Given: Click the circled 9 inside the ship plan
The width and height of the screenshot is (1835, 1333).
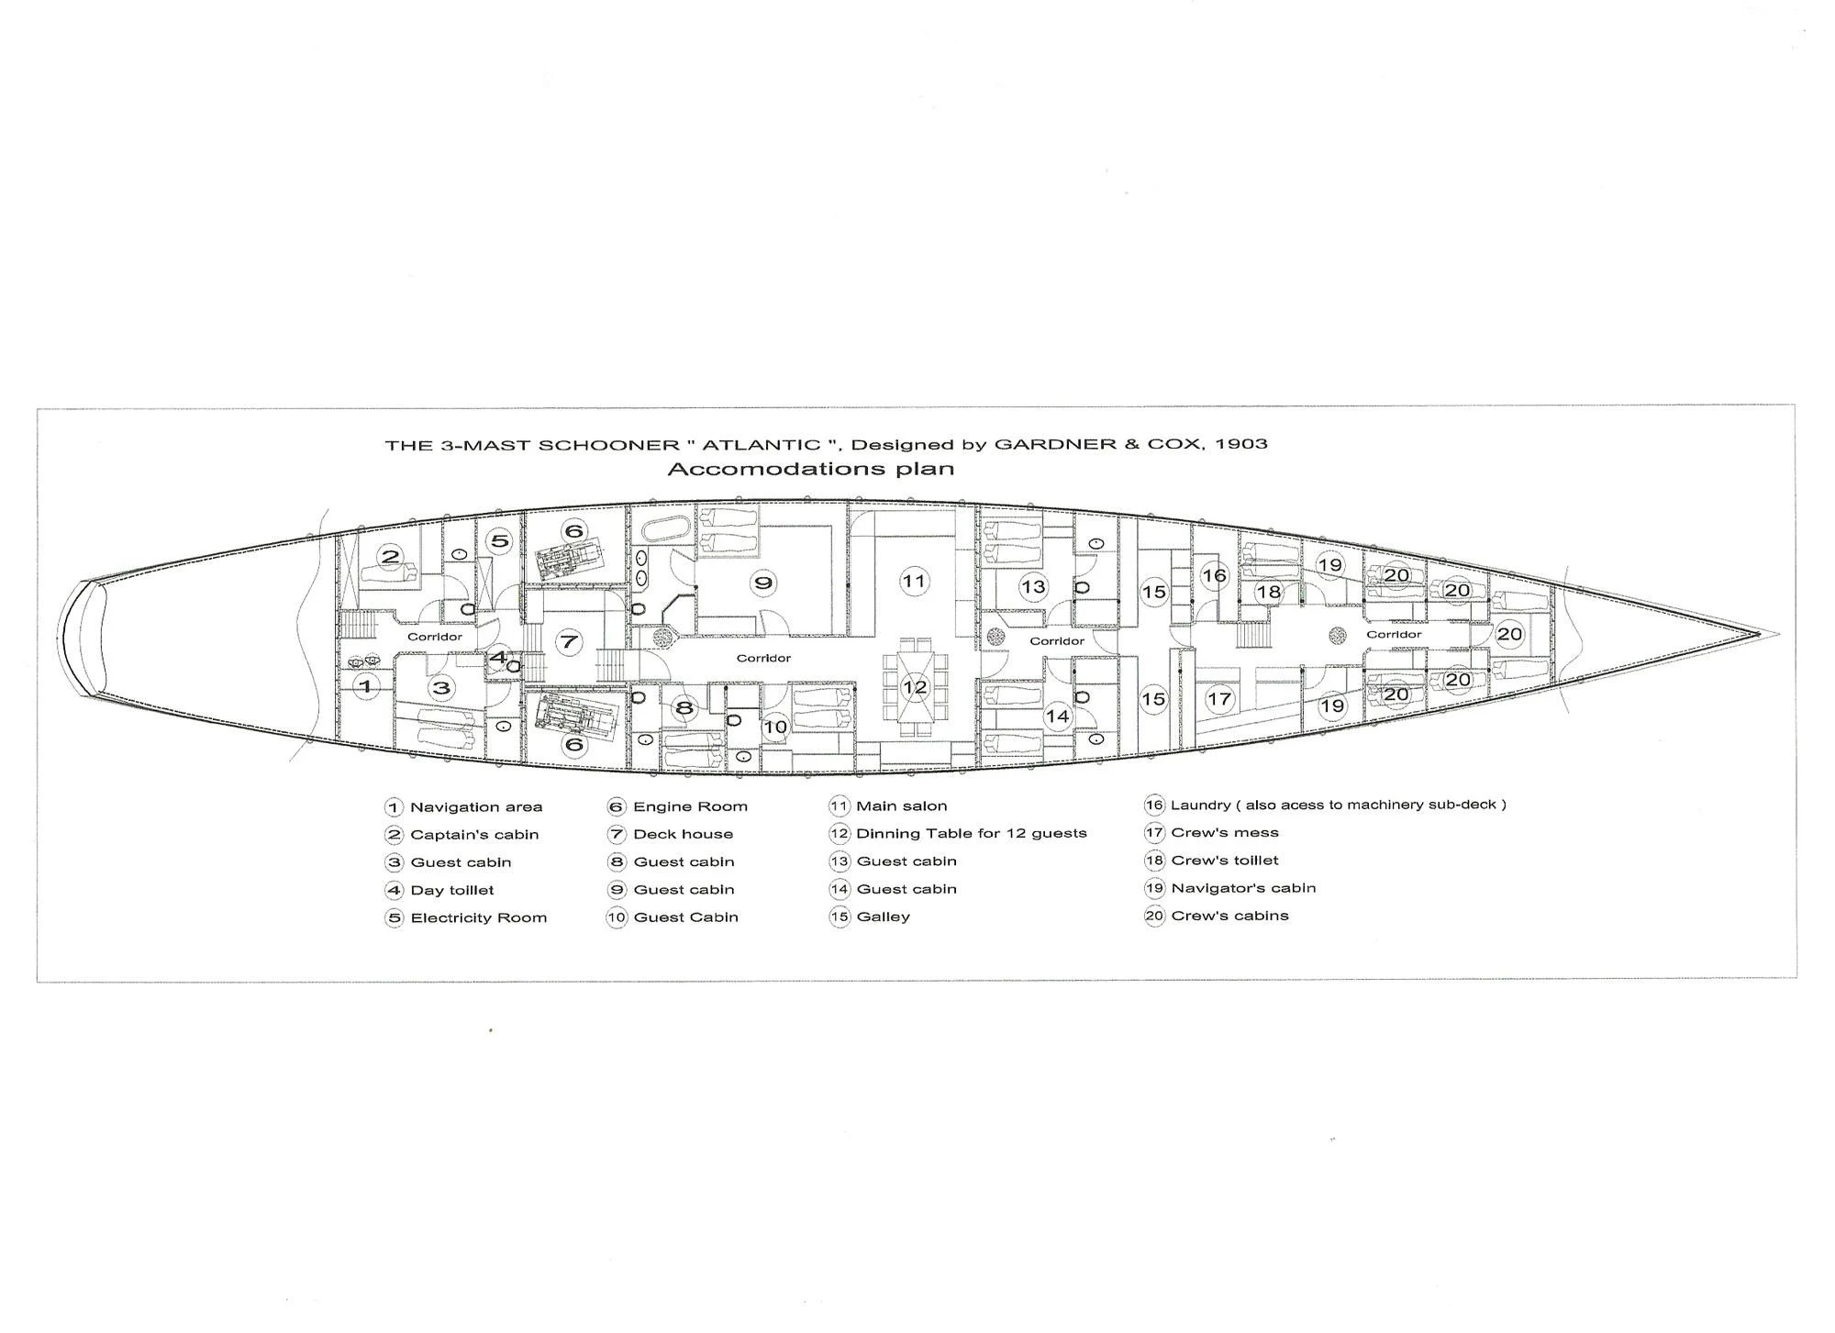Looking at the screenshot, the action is point(763,583).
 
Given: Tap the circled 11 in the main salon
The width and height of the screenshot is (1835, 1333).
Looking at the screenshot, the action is point(913,581).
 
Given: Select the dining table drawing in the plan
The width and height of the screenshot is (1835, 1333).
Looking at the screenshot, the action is point(914,687).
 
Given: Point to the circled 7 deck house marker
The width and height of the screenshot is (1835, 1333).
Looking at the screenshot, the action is point(570,641).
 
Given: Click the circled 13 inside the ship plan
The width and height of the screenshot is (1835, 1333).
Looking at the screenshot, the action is point(1033,587).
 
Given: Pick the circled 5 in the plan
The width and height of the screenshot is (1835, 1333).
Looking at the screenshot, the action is point(499,540).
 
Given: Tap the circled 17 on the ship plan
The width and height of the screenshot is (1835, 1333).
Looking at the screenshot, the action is point(1219,699).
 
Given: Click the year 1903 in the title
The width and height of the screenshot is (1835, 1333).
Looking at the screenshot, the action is point(1241,444).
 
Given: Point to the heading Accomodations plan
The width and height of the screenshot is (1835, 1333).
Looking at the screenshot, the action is point(810,469).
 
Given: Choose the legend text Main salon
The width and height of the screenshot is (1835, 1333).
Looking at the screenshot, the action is point(901,806).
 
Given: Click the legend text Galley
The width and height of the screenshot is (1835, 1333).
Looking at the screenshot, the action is point(883,916).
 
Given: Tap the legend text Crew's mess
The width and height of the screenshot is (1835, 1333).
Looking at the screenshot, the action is point(1225,833).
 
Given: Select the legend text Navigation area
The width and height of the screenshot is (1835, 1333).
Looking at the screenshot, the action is point(476,807).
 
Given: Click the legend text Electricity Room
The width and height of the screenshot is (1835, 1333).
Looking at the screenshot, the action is point(478,917).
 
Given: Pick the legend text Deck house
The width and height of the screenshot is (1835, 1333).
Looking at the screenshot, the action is point(684,834).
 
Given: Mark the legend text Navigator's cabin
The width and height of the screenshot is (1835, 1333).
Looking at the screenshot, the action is point(1243,888).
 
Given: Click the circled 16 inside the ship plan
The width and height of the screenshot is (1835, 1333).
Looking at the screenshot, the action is point(1214,575).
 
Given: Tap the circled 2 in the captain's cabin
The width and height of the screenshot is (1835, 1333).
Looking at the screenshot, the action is point(391,556).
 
